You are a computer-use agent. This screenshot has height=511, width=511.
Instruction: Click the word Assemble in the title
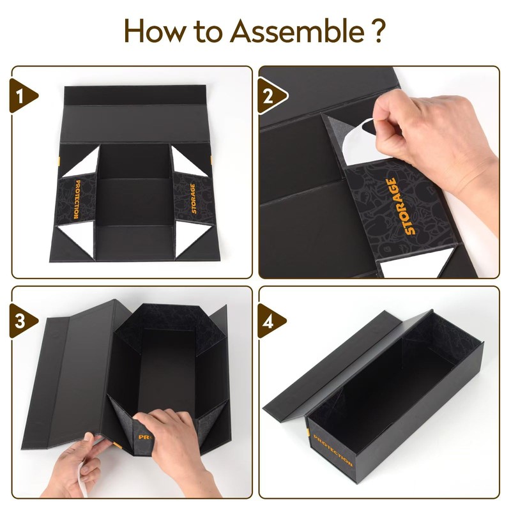(297, 31)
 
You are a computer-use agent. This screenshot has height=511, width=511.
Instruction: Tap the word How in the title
(155, 31)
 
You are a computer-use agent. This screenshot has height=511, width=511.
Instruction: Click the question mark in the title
(378, 31)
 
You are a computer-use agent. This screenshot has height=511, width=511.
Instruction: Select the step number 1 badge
(23, 96)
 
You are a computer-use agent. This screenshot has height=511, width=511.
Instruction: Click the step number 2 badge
(272, 96)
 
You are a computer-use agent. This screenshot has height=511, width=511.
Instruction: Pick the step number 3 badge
(23, 321)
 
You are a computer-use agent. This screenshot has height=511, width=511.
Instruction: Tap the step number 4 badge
(271, 321)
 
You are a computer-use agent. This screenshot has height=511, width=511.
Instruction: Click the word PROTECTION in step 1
(77, 199)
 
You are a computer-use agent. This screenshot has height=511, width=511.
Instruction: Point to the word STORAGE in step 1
(194, 199)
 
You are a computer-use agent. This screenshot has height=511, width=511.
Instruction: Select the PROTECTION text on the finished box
(332, 450)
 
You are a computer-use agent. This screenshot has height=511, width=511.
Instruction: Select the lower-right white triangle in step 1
(190, 238)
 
